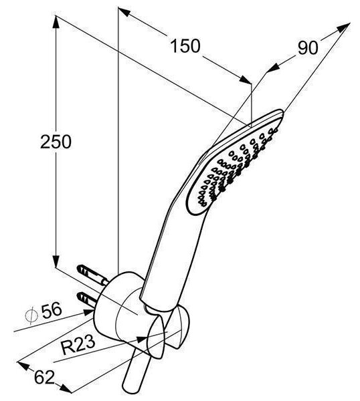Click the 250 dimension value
[x=56, y=142]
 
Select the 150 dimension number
[x=185, y=46]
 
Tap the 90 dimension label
[x=308, y=47]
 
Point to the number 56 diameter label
[x=52, y=310]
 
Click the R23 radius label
[x=78, y=345]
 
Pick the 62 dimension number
[x=44, y=377]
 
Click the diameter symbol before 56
[x=31, y=315]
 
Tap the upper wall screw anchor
[x=92, y=275]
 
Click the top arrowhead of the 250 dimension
[x=56, y=22]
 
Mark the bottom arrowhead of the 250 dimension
[x=56, y=261]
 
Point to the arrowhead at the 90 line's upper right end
[x=344, y=27]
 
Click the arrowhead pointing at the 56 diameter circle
[x=88, y=312]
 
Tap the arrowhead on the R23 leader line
[x=142, y=340]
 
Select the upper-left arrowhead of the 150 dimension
[x=124, y=12]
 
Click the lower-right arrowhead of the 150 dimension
[x=246, y=80]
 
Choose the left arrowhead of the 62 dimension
[x=23, y=366]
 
